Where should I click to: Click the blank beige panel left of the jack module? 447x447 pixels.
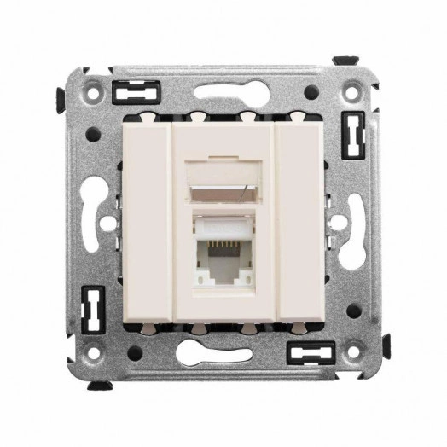149,223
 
